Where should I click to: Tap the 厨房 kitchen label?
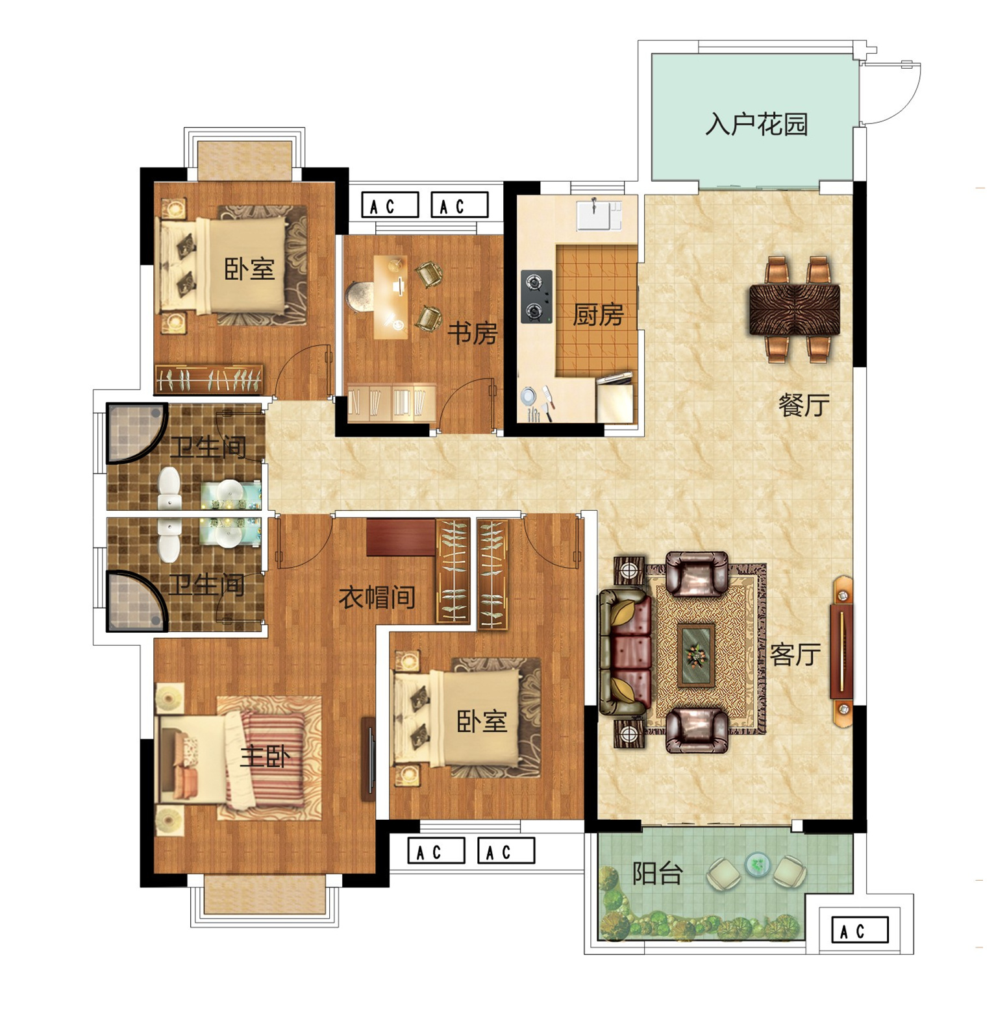point(598,315)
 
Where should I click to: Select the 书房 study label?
point(473,334)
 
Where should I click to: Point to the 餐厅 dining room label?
point(804,405)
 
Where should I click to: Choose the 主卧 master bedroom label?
point(265,756)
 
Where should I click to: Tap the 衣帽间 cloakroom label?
point(377,597)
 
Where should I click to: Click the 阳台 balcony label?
point(657,874)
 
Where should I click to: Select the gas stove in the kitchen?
point(536,297)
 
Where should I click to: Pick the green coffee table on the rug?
point(696,654)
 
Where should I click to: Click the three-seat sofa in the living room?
point(625,652)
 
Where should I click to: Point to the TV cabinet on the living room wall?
point(842,646)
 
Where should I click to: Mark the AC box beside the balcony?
point(860,931)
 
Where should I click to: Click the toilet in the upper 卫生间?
point(169,487)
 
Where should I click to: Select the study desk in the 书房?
point(391,297)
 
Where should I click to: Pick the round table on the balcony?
point(756,863)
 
